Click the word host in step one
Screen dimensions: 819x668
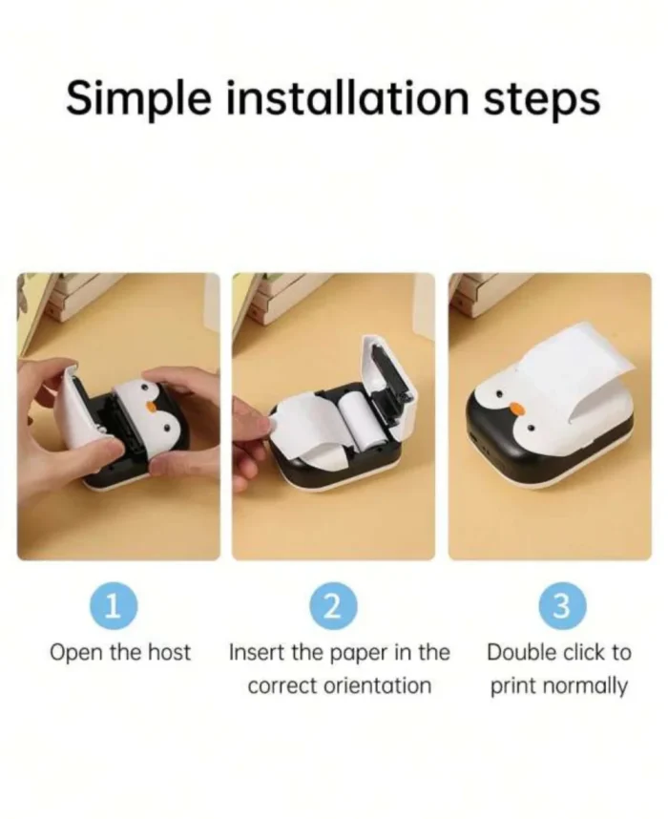(x=169, y=653)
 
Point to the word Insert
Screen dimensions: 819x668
(x=255, y=653)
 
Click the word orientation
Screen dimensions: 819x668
(x=379, y=685)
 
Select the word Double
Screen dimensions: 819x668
(x=522, y=653)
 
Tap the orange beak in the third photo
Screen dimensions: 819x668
(x=516, y=408)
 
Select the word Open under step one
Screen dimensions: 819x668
(x=73, y=654)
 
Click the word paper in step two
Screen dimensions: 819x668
(x=354, y=654)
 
